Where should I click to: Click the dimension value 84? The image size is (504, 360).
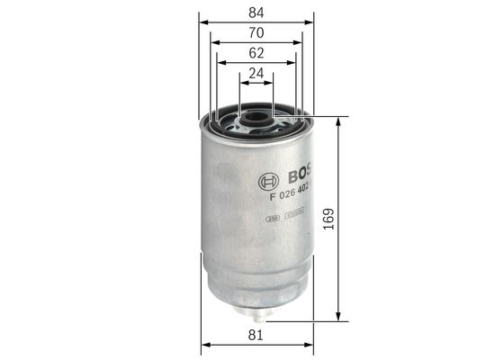click(x=256, y=11)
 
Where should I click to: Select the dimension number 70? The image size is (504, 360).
click(x=256, y=33)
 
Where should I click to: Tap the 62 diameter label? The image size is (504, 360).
click(x=256, y=55)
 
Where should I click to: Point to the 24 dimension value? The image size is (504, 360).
click(x=256, y=76)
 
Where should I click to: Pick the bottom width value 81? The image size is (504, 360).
click(x=256, y=336)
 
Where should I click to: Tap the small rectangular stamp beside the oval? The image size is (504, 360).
click(x=294, y=213)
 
